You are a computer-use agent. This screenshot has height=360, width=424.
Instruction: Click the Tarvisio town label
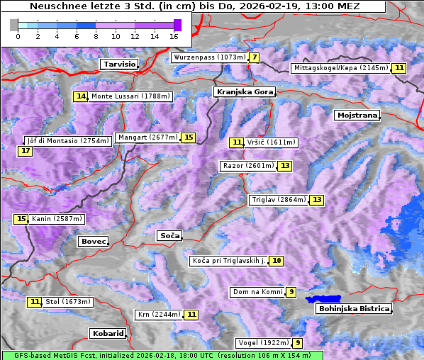(x=118, y=64)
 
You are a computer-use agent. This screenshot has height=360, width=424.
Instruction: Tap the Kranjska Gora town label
(x=243, y=92)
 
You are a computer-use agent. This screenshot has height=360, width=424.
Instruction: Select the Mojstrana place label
(x=357, y=115)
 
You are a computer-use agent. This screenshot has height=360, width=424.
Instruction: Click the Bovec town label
(x=93, y=242)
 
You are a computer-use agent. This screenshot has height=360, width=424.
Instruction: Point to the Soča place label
(x=169, y=235)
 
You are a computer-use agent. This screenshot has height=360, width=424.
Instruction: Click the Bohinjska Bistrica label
(x=354, y=308)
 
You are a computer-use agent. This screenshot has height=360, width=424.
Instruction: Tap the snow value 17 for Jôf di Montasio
(x=26, y=151)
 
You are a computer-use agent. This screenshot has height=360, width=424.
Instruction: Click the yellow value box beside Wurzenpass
(x=254, y=57)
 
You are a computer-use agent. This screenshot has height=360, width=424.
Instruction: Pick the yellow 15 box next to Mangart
(x=188, y=137)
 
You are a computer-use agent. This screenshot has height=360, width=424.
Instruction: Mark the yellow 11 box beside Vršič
(x=237, y=142)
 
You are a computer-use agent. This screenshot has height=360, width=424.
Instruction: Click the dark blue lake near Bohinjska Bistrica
(x=323, y=300)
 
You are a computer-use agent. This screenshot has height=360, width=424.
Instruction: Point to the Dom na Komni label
(x=257, y=292)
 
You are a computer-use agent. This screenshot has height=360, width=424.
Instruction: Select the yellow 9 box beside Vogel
(x=299, y=343)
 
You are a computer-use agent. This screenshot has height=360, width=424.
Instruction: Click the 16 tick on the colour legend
(x=174, y=36)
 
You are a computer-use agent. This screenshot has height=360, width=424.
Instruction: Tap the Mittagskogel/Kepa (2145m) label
(x=340, y=68)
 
